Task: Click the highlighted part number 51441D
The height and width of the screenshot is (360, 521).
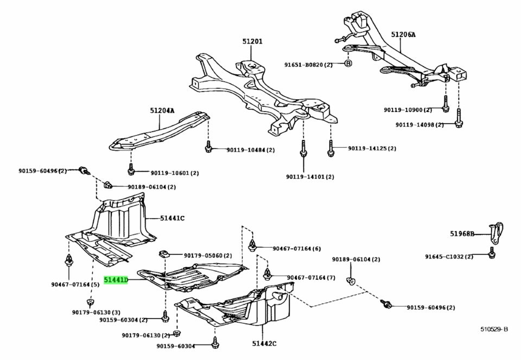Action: pos(116,280)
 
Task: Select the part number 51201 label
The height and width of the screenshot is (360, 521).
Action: pos(252,41)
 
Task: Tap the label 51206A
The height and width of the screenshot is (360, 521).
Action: pos(403,35)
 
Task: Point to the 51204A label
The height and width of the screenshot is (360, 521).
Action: pos(162,110)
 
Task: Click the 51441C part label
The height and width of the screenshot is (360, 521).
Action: pos(172,218)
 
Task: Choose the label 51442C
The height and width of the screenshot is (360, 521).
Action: pos(264,343)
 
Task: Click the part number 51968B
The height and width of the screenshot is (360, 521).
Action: pos(462,234)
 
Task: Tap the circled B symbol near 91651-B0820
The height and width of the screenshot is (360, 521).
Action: pos(348,64)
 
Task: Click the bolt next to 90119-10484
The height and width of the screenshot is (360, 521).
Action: pos(208,148)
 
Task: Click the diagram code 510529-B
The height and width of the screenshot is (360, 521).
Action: pos(493,330)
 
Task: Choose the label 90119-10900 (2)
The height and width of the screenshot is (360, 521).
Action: pos(408,110)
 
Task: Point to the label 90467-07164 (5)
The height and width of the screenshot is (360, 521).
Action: pos(75,284)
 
